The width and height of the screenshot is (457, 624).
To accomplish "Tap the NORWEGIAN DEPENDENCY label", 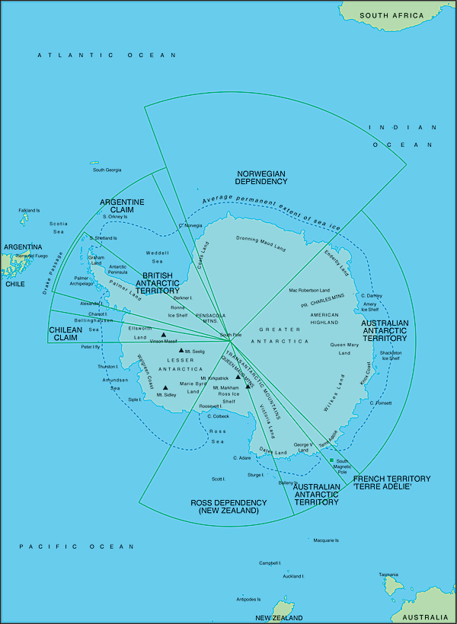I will click(x=260, y=178).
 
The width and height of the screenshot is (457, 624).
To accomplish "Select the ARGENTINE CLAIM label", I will click(x=123, y=205).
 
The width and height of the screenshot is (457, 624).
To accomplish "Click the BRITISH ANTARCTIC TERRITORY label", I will click(x=158, y=282).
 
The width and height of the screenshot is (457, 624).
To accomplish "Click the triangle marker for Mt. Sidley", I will click(x=165, y=388).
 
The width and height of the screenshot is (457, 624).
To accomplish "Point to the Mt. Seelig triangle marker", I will click(x=181, y=350).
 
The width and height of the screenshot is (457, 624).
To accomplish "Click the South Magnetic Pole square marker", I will click(x=331, y=462).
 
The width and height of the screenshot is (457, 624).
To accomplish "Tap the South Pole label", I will click(x=230, y=335).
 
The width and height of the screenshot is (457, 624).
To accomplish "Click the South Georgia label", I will click(x=107, y=170).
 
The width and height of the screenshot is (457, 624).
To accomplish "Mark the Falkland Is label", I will click(x=29, y=210).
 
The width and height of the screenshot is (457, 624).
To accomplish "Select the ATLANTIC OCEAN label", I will click(x=107, y=56).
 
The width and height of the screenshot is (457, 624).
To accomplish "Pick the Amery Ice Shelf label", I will click(x=370, y=307).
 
